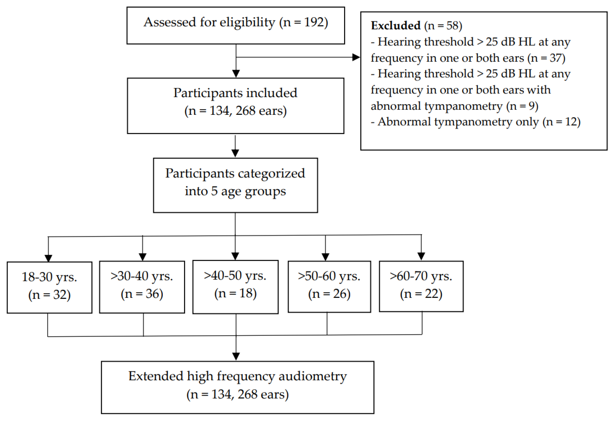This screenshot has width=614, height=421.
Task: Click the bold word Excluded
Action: click(x=396, y=26)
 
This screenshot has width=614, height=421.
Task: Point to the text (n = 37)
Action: click(x=546, y=58)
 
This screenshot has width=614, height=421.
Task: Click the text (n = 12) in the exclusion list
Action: click(x=561, y=122)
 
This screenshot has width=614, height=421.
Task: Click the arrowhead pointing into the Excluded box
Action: click(x=356, y=57)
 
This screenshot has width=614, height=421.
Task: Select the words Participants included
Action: click(x=235, y=93)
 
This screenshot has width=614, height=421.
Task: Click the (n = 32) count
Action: click(x=49, y=295)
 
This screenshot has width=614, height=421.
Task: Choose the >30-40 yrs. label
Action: click(x=142, y=276)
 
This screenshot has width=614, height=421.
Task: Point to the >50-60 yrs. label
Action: click(x=329, y=276)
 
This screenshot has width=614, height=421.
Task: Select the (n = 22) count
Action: click(x=421, y=294)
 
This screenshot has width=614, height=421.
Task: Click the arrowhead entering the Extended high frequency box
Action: click(x=236, y=356)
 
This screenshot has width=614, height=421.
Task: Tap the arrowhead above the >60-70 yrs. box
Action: click(x=421, y=256)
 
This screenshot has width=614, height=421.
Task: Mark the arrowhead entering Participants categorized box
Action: click(x=235, y=153)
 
